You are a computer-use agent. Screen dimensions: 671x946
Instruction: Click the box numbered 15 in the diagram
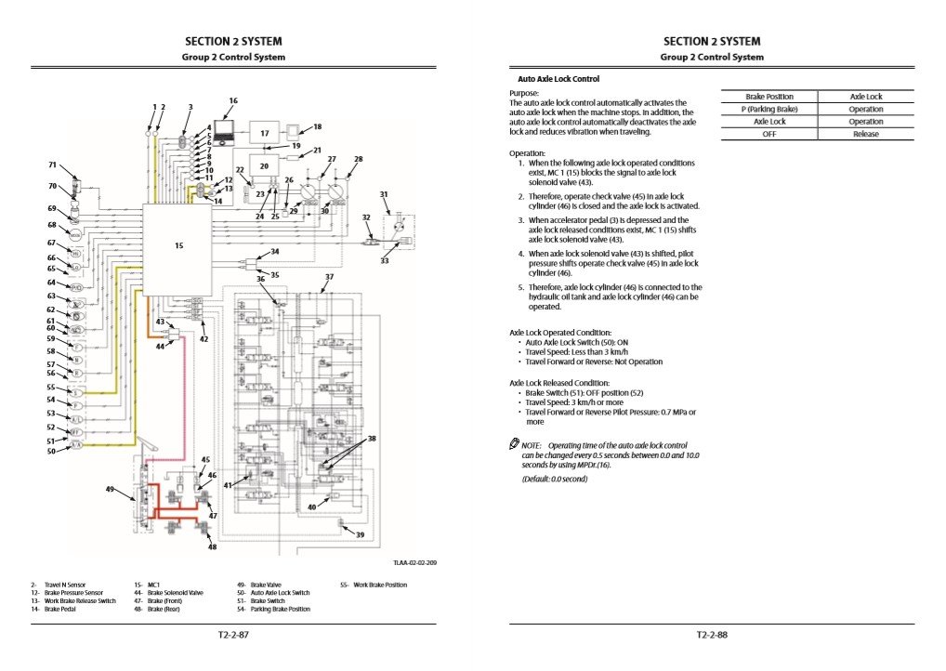(177, 246)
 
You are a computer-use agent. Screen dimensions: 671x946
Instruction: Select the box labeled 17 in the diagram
(264, 134)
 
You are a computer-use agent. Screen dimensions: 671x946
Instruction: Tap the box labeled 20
(264, 165)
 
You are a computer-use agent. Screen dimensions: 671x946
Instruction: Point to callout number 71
(53, 164)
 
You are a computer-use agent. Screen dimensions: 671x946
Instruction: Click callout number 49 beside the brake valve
(110, 488)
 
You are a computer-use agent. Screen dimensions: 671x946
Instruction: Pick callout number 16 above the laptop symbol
(233, 100)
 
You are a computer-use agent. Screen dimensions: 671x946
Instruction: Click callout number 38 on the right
(372, 438)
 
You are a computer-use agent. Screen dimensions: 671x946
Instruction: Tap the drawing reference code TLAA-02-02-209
(414, 563)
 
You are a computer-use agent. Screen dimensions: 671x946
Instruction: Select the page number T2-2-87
(233, 636)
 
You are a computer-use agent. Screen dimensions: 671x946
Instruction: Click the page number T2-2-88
(712, 636)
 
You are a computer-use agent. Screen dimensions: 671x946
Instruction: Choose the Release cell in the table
(866, 134)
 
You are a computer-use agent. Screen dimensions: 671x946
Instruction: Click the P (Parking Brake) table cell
(769, 109)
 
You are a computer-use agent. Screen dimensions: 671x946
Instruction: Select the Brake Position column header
(769, 97)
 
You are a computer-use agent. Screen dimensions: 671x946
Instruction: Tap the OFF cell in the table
(769, 134)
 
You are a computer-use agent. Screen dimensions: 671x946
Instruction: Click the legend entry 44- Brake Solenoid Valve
(168, 592)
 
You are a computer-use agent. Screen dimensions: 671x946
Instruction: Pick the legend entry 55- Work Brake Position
(374, 585)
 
